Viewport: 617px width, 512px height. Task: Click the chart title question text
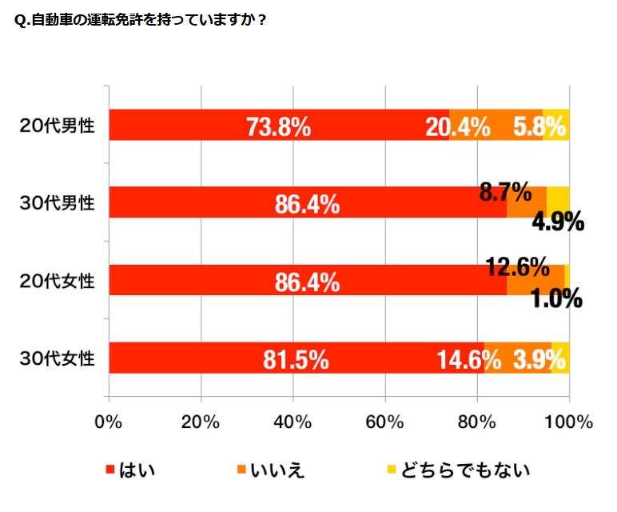[x=140, y=21]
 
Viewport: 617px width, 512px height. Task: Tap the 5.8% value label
[x=540, y=126]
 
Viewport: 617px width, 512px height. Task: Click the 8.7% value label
[x=506, y=192]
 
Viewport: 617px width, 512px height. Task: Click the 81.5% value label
[x=296, y=360]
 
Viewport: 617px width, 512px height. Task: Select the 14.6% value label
[x=468, y=360]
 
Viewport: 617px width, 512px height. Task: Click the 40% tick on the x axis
[x=293, y=422]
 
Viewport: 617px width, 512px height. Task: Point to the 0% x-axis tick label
[x=108, y=422]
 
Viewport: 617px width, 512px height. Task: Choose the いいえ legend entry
[x=276, y=470]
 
